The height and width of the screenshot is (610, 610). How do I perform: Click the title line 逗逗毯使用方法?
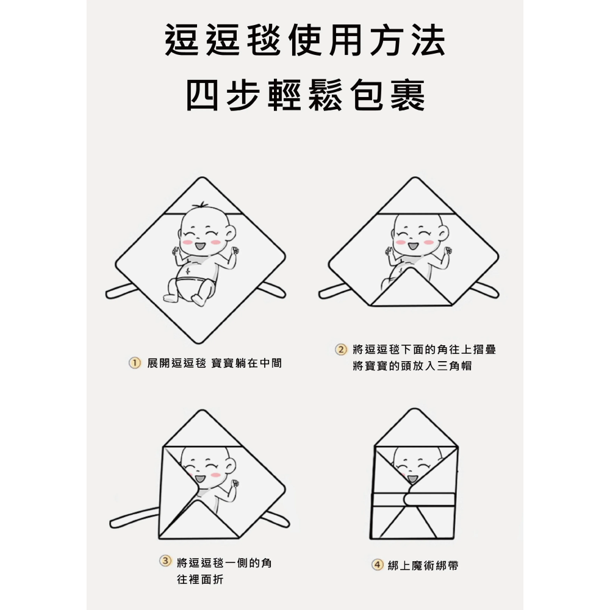(x=305, y=41)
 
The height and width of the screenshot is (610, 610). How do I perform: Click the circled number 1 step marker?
(x=134, y=363)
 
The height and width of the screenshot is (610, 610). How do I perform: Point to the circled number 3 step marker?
(x=165, y=562)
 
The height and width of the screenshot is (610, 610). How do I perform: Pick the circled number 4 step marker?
(x=378, y=565)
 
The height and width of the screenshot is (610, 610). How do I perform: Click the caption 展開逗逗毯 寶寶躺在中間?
(x=214, y=363)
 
